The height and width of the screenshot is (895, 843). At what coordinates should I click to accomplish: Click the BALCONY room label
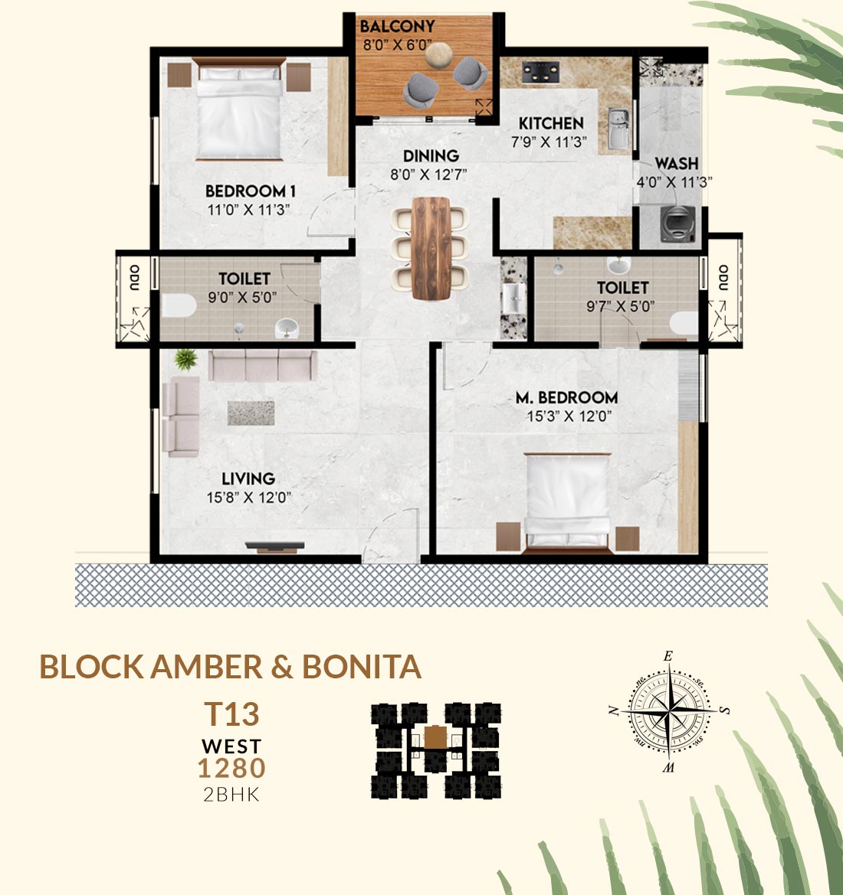[x=397, y=26]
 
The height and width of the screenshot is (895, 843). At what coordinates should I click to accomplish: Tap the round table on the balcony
[x=439, y=55]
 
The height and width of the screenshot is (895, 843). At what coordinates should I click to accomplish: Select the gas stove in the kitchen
[x=540, y=72]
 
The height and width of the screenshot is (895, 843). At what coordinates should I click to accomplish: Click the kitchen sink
[x=618, y=129]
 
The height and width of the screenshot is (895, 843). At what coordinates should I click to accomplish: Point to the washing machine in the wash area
[x=677, y=224]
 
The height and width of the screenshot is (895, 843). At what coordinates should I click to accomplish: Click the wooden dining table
[x=431, y=248]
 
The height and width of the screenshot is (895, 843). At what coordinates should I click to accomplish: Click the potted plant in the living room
[x=185, y=360]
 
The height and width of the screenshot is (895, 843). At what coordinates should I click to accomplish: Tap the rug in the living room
[x=251, y=413]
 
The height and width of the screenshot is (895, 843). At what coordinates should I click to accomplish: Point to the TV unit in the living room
[x=275, y=547]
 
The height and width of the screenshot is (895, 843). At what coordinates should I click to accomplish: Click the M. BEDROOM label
[x=566, y=397]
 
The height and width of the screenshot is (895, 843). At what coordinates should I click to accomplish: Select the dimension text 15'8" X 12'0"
[x=248, y=498]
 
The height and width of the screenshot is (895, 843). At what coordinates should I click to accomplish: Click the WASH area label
[x=677, y=164]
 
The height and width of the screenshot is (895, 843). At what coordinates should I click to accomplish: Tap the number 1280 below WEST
[x=231, y=768]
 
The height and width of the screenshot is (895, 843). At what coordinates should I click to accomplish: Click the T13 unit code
[x=232, y=714]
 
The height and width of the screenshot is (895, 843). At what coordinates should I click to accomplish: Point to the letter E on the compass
[x=668, y=656]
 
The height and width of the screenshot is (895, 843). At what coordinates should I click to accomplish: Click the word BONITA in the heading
[x=361, y=667]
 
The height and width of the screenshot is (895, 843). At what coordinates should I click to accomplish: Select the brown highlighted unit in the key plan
[x=435, y=737]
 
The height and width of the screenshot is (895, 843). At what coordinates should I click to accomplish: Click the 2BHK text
[x=231, y=795]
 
